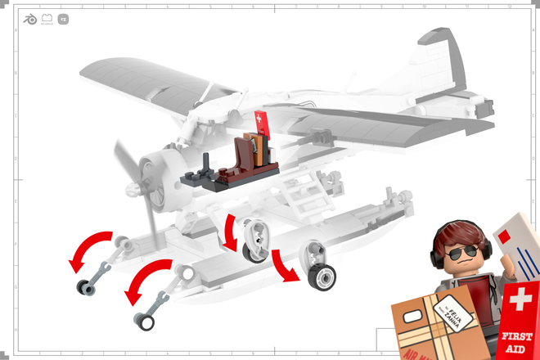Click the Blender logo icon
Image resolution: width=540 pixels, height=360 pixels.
click(30, 18)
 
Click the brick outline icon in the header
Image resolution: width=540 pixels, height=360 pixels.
click(47, 18)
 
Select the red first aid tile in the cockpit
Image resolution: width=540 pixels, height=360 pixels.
click(261, 122)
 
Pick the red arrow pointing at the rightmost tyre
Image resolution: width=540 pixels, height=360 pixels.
click(286, 264)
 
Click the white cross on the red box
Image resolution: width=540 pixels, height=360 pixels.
click(521, 300)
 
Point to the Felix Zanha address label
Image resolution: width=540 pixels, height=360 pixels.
click(455, 315)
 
